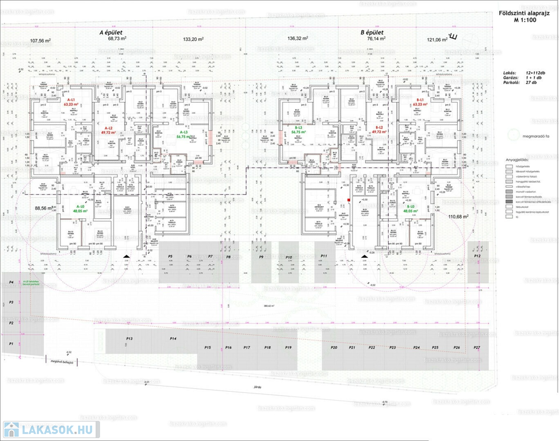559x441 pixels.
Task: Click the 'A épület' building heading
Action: [109, 33]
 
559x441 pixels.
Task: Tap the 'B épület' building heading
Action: [372, 33]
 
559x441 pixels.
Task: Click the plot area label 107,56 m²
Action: [41, 41]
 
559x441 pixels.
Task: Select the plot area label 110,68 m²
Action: [458, 216]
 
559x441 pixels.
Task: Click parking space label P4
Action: [11, 283]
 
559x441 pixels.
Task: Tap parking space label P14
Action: [173, 339]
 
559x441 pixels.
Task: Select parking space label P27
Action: [477, 348]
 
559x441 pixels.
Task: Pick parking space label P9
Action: [261, 257]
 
